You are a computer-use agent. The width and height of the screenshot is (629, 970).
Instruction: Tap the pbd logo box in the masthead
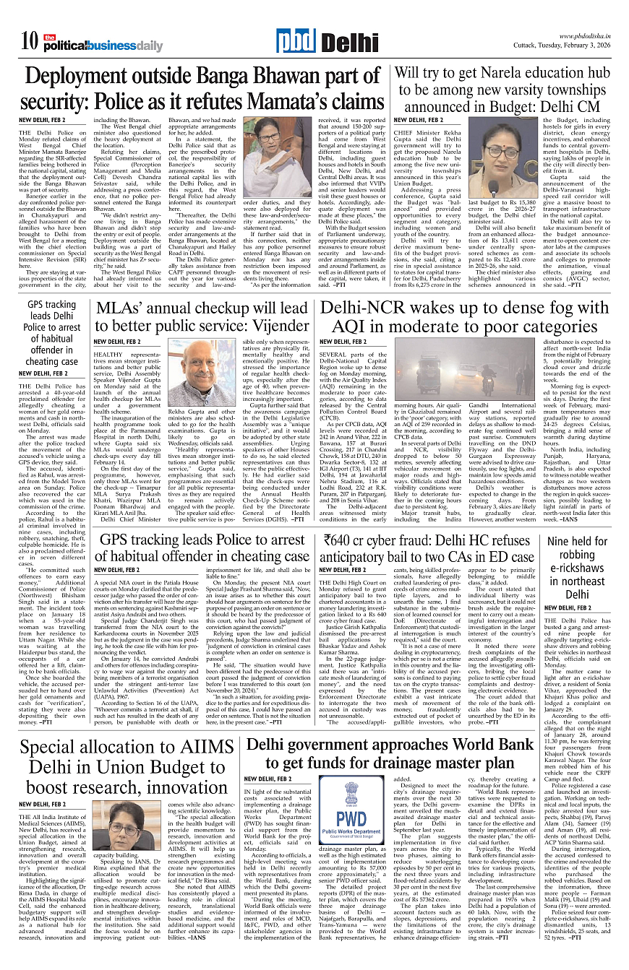pyautogui.click(x=294, y=42)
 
